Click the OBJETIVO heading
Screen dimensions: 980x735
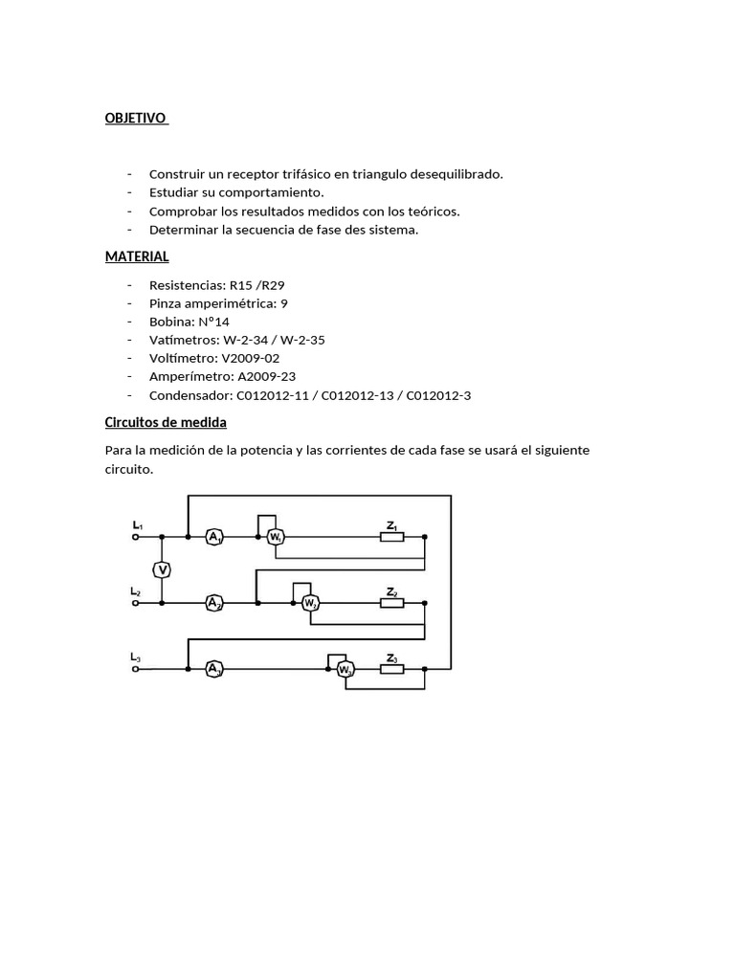135,118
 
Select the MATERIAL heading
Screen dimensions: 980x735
137,256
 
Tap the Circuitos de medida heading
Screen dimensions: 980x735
166,422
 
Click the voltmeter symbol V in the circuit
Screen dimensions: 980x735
163,570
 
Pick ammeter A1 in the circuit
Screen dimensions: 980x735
214,538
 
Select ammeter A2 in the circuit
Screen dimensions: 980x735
214,603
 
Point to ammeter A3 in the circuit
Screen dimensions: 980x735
214,669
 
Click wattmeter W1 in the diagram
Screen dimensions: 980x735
275,538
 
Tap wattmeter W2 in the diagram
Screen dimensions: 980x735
309,603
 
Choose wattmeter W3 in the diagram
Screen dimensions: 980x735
345,669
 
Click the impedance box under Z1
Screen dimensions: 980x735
391,538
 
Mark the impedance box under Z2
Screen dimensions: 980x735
391,603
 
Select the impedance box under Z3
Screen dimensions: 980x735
391,669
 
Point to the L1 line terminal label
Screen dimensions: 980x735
137,525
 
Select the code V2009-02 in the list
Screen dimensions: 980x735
250,358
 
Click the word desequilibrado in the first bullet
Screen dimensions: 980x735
457,174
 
